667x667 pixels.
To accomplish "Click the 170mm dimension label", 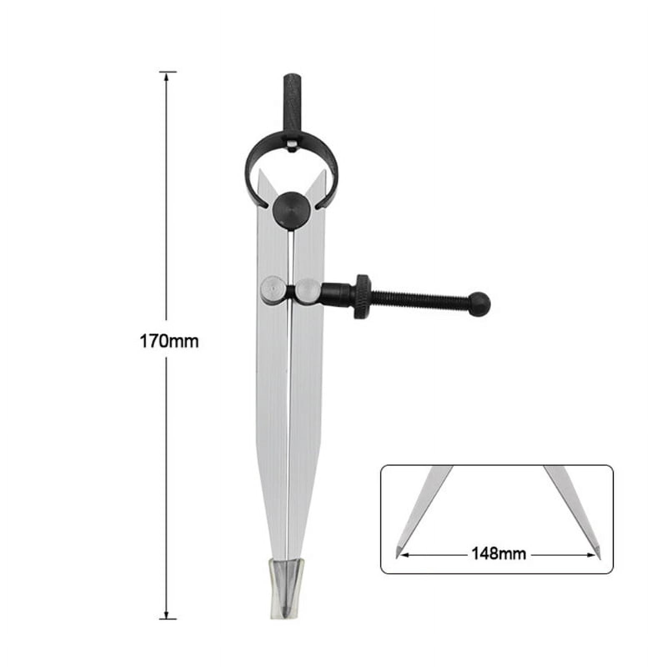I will click(x=169, y=341).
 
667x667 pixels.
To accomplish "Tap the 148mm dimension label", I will click(x=499, y=554).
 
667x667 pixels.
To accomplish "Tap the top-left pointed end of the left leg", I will click(x=260, y=171).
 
